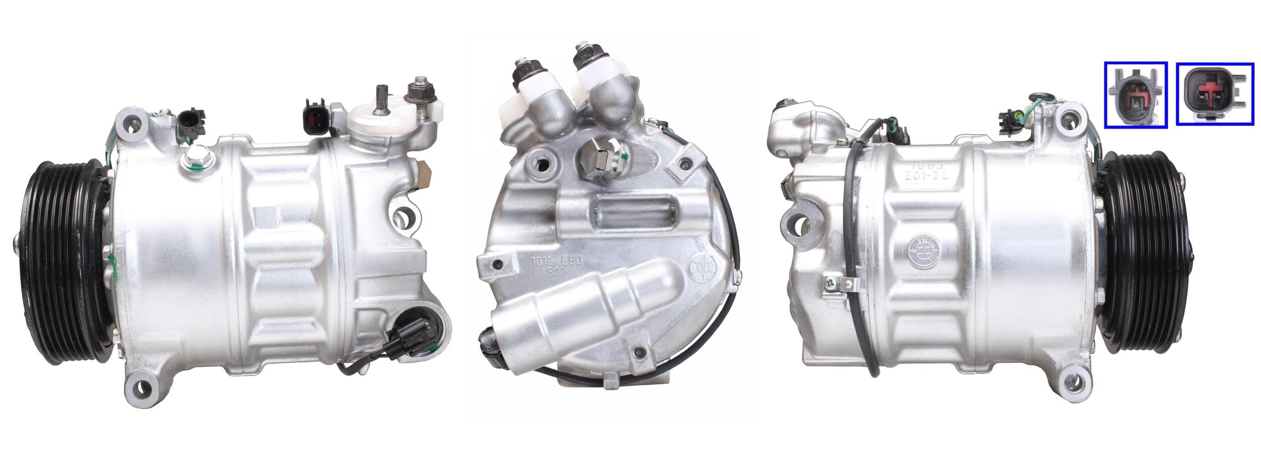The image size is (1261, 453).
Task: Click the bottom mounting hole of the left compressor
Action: (143, 388)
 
